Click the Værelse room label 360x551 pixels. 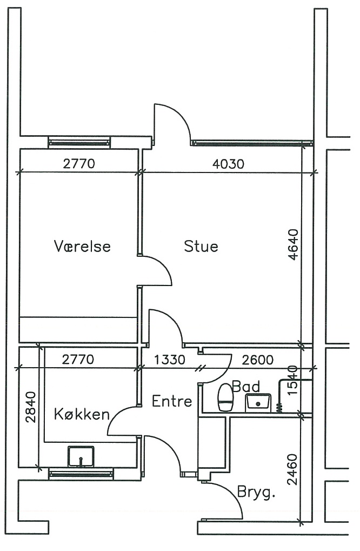[x=82, y=246]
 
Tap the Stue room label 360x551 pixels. [x=201, y=246]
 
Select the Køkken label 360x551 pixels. [x=82, y=414]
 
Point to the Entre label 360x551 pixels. [x=172, y=401]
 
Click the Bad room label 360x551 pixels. [x=246, y=386]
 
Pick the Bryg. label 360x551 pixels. [x=256, y=492]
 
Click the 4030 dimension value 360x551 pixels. [x=228, y=164]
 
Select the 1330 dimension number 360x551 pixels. [x=169, y=360]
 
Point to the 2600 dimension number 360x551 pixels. [x=257, y=360]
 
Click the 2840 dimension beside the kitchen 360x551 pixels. [x=31, y=407]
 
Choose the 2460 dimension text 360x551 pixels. [x=292, y=469]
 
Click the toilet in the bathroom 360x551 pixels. [x=225, y=397]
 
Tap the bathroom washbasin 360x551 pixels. [x=258, y=402]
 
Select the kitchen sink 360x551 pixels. [x=81, y=456]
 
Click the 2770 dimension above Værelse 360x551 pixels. [x=79, y=163]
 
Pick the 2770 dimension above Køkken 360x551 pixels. [x=78, y=359]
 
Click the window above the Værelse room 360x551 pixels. [x=79, y=142]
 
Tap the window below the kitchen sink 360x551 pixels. [x=81, y=474]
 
